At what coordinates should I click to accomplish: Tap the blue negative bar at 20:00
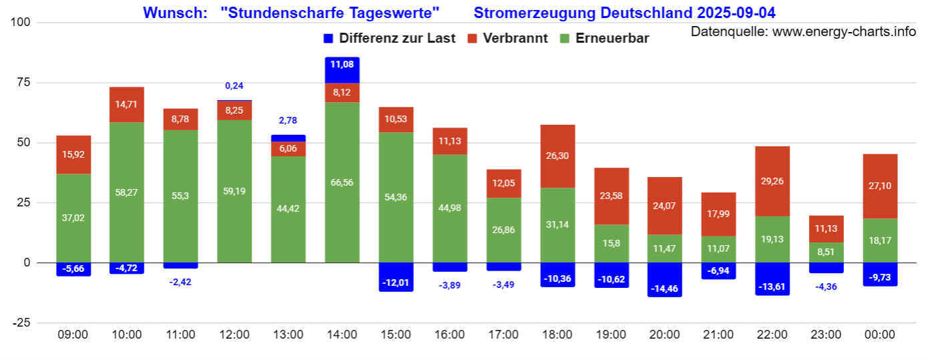pyautogui.click(x=665, y=279)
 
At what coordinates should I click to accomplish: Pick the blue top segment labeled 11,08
pyautogui.click(x=342, y=65)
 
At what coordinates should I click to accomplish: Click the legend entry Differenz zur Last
pyautogui.click(x=389, y=38)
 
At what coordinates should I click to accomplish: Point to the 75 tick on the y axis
pyautogui.click(x=26, y=82)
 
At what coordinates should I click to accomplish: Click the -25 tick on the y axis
pyautogui.click(x=23, y=323)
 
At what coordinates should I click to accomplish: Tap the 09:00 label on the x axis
pyautogui.click(x=73, y=335)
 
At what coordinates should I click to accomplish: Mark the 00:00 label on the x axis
pyautogui.click(x=880, y=335)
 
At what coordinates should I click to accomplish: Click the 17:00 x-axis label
pyautogui.click(x=503, y=335)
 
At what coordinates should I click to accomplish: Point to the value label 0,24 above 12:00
pyautogui.click(x=234, y=85)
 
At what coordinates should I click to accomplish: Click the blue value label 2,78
pyautogui.click(x=288, y=121)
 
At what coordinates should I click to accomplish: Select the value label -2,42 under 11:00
pyautogui.click(x=180, y=282)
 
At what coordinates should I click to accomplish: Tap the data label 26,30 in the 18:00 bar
pyautogui.click(x=557, y=156)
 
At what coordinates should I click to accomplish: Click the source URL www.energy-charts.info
pyautogui.click(x=844, y=31)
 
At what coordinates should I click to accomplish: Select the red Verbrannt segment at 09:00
pyautogui.click(x=73, y=154)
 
